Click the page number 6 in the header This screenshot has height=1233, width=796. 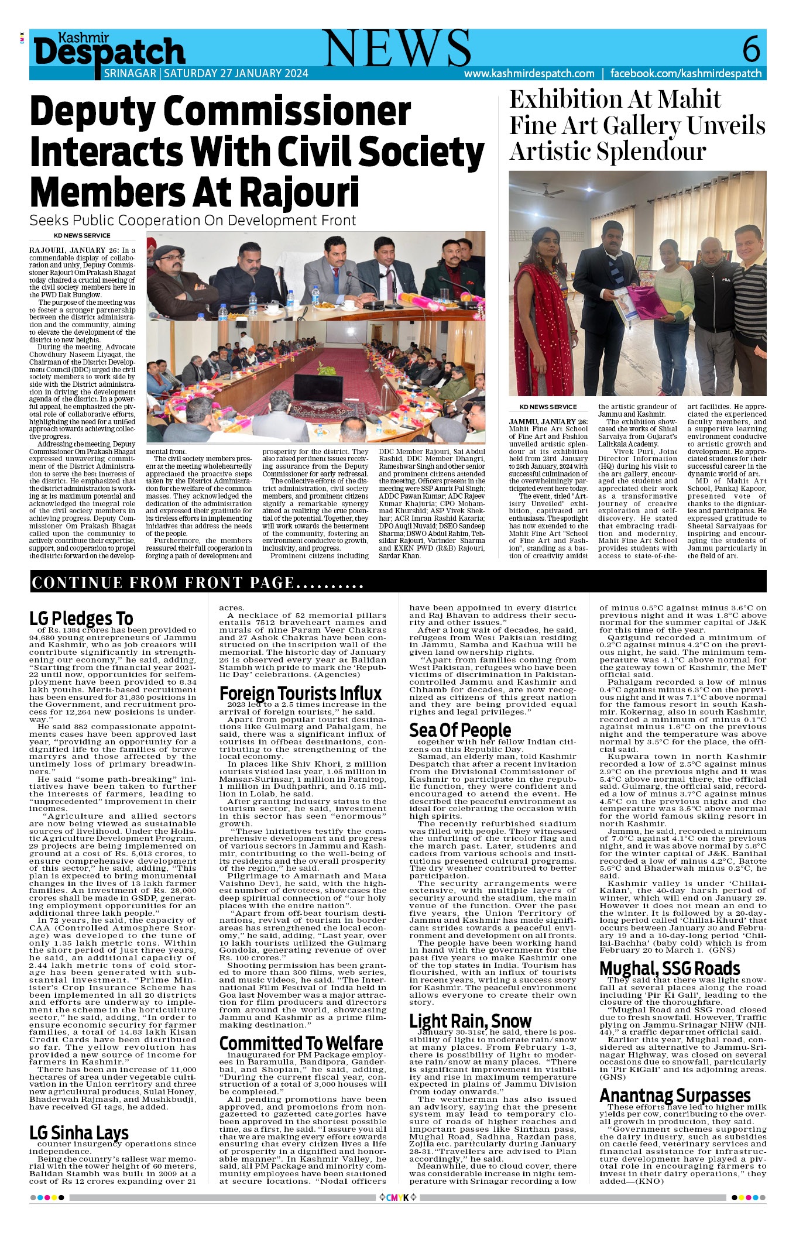[751, 49]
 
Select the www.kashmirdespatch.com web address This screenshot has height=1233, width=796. [529, 74]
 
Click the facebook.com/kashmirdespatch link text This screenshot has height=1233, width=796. [686, 74]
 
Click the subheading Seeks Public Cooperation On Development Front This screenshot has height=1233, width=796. [193, 221]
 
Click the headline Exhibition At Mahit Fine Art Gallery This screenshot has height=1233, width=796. [637, 125]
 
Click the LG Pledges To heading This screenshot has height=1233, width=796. [81, 618]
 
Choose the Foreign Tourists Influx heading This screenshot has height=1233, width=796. [300, 693]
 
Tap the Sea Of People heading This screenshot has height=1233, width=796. [460, 730]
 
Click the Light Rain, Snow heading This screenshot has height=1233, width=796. [470, 1021]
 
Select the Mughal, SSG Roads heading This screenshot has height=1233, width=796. [670, 968]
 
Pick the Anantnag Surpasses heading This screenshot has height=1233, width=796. [675, 1095]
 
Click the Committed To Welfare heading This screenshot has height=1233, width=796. [301, 1043]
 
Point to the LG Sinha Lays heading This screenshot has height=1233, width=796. [79, 1133]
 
